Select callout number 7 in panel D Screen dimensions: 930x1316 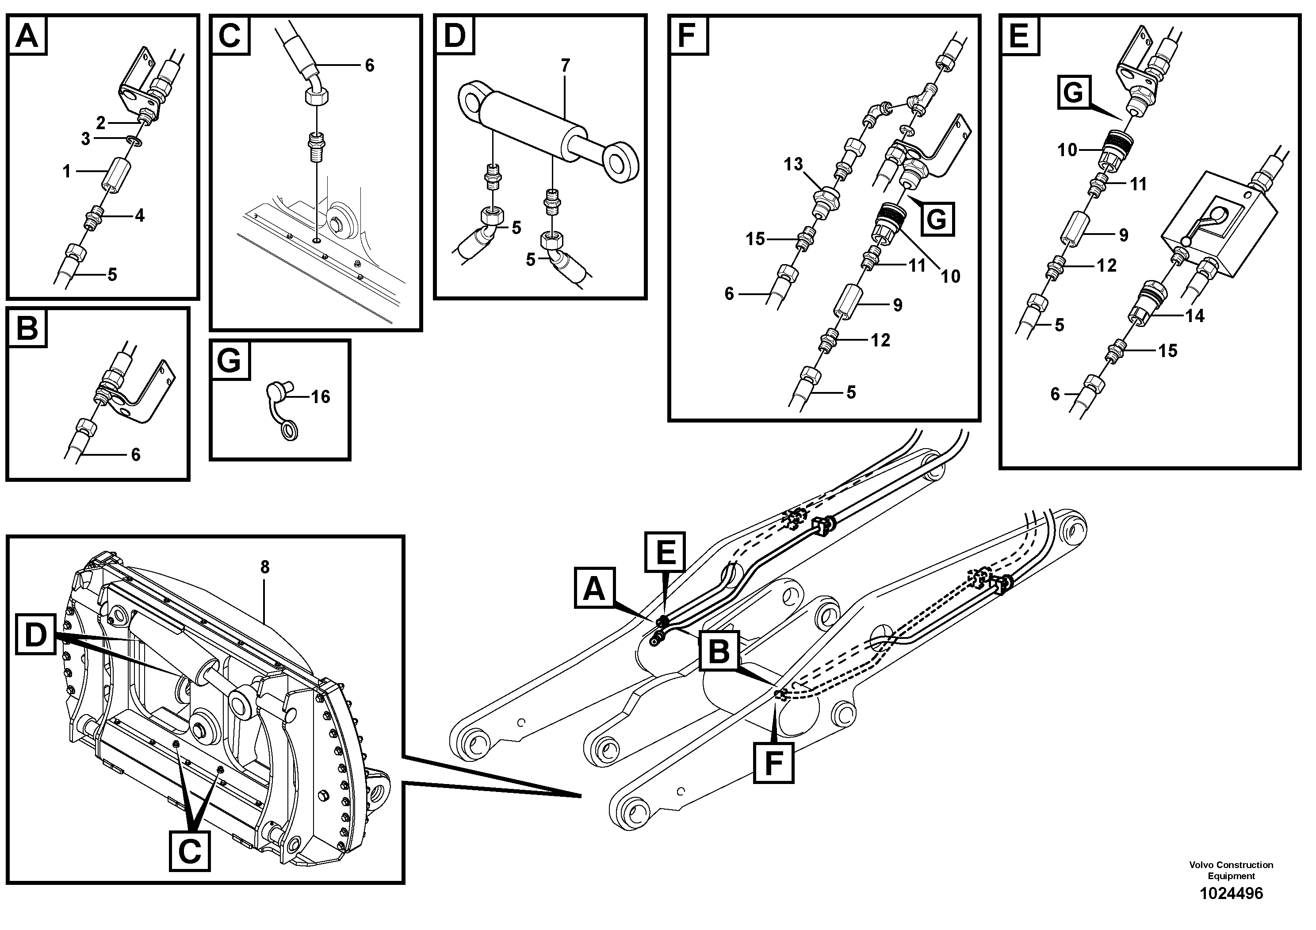click(565, 66)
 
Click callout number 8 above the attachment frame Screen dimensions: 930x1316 click(264, 567)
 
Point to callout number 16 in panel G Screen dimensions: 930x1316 click(321, 397)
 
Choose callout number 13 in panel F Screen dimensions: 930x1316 click(793, 165)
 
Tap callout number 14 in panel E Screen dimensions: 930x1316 click(1195, 315)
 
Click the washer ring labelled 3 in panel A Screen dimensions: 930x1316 click(134, 139)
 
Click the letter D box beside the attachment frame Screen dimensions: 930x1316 click(35, 636)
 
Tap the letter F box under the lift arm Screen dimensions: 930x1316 click(774, 763)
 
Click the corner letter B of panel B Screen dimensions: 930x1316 click(27, 329)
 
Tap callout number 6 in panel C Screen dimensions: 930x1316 click(370, 66)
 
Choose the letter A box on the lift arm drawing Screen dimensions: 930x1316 click(594, 589)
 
